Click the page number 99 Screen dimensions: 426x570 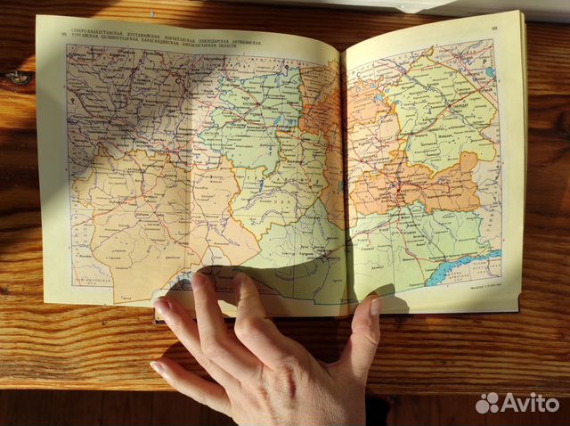pyautogui.click(x=493, y=28)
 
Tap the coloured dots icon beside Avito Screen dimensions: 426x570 pyautogui.click(x=487, y=403)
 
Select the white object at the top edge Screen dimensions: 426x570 pyautogui.click(x=374, y=4)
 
